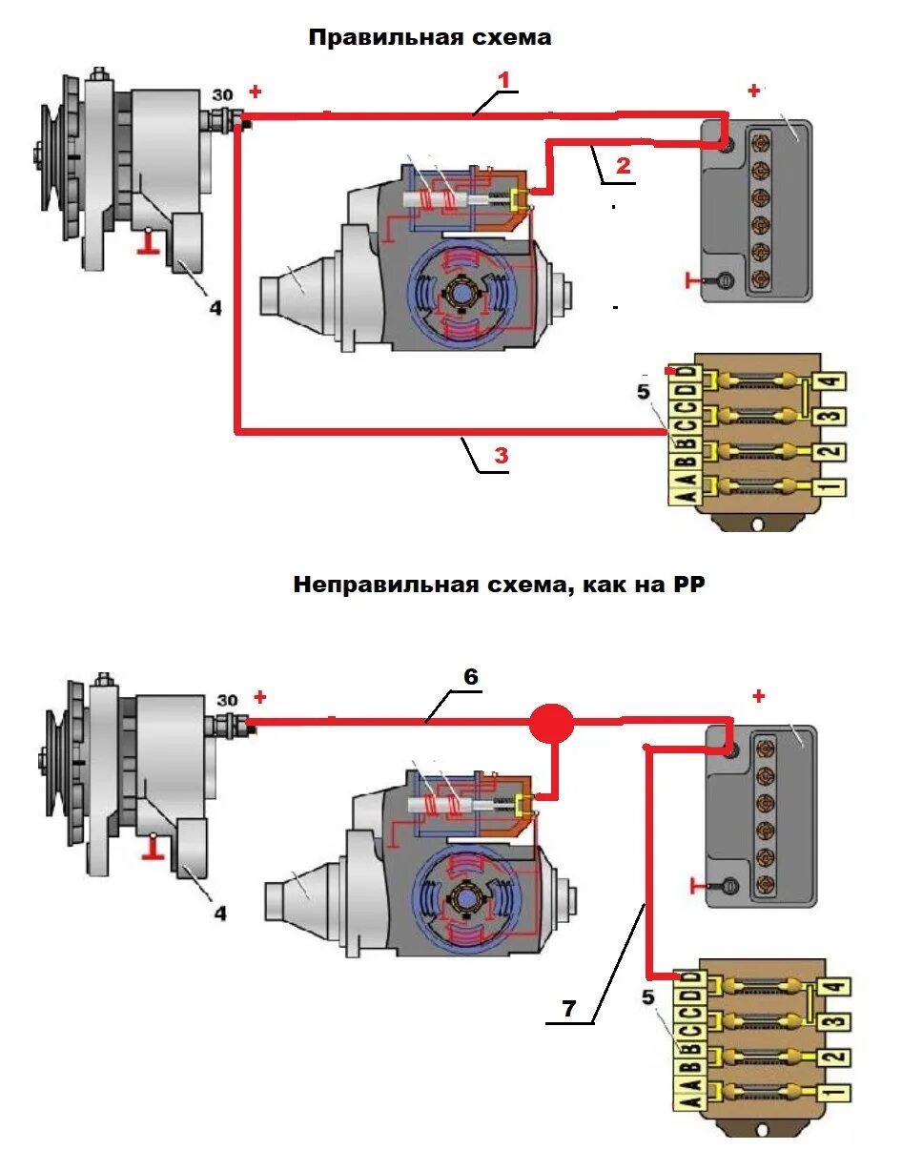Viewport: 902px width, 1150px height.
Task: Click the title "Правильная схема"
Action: [x=429, y=38]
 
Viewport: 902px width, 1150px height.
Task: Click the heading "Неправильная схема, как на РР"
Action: [x=499, y=585]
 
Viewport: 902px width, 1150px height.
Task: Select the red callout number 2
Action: [x=623, y=166]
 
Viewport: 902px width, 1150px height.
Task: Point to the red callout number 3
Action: [x=502, y=456]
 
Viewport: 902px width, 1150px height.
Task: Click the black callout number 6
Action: [x=471, y=677]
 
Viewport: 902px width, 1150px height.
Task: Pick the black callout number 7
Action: [x=568, y=1009]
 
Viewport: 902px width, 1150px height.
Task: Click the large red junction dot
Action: [x=552, y=723]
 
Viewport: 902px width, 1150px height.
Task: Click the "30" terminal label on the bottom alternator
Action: [x=227, y=701]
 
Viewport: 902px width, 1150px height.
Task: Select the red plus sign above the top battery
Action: [x=754, y=92]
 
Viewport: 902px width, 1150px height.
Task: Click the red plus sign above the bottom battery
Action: [x=758, y=696]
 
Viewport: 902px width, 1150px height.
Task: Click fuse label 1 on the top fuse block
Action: [x=830, y=487]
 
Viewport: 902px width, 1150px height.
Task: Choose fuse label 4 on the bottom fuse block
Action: [x=835, y=986]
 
